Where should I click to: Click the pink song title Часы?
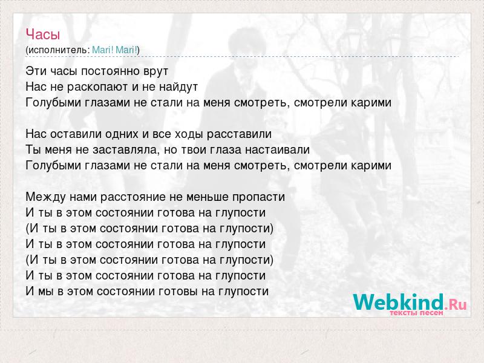click(42, 34)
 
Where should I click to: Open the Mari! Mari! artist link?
click(114, 50)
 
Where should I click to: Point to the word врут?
click(156, 71)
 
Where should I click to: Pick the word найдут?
click(178, 87)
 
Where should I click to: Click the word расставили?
click(239, 134)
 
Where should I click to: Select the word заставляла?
click(125, 150)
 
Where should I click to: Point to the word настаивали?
click(277, 149)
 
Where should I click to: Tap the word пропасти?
click(258, 197)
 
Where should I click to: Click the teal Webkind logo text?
click(399, 302)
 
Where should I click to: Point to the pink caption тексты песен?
click(416, 313)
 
